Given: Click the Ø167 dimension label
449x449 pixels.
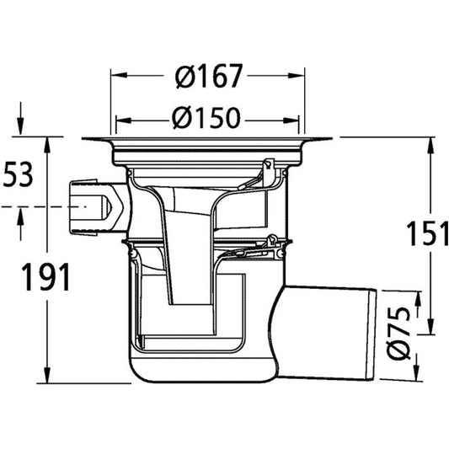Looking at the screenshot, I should pyautogui.click(x=209, y=77).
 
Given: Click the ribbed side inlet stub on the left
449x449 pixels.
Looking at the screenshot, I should pyautogui.click(x=88, y=206).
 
